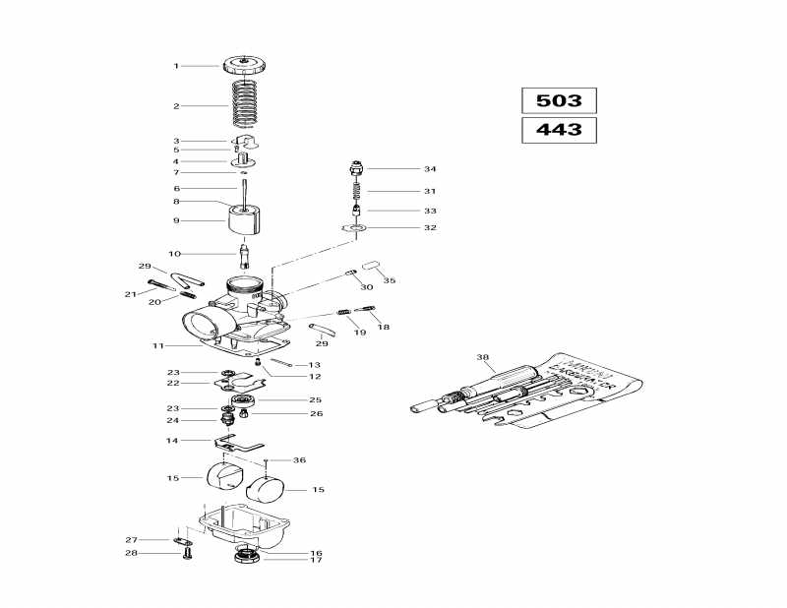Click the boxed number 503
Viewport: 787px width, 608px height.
point(559,100)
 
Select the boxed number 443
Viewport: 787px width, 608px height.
point(559,130)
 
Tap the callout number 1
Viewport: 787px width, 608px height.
point(176,66)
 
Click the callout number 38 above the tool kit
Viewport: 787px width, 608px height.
point(482,357)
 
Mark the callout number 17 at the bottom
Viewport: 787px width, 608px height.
point(317,561)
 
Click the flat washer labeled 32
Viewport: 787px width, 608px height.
point(355,228)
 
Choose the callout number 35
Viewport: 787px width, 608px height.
point(390,280)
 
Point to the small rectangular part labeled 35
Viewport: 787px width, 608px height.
point(371,265)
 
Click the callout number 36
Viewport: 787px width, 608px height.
point(300,460)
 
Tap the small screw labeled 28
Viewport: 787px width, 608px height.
point(185,554)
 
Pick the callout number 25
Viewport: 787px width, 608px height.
point(316,400)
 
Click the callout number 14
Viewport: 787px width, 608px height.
point(172,441)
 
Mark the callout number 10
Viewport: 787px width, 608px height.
point(175,253)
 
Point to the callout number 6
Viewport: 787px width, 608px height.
point(176,189)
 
